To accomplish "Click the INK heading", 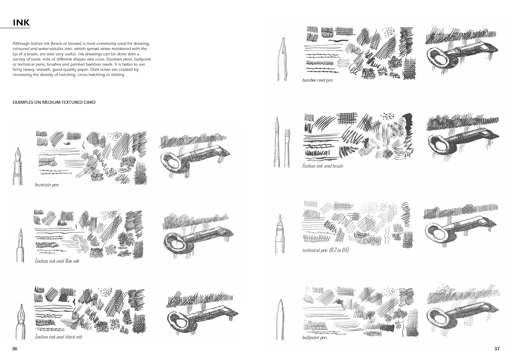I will (x=21, y=23).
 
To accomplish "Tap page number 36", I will (x=15, y=349).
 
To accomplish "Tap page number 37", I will (x=497, y=349).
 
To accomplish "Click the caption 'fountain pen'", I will (x=47, y=185).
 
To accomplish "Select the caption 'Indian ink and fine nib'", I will (x=57, y=261).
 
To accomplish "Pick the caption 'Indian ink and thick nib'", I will (x=58, y=337).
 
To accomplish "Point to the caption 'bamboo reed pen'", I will (x=317, y=80).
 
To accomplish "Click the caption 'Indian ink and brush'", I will (x=323, y=166).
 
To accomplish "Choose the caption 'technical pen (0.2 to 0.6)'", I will (x=325, y=250).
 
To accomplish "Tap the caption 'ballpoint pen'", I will (x=314, y=337).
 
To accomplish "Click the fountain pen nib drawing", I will (x=18, y=166).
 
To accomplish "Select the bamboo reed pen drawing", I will (x=282, y=59).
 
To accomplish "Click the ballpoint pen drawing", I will (x=280, y=320).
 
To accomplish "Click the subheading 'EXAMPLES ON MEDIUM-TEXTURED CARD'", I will (x=54, y=102).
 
